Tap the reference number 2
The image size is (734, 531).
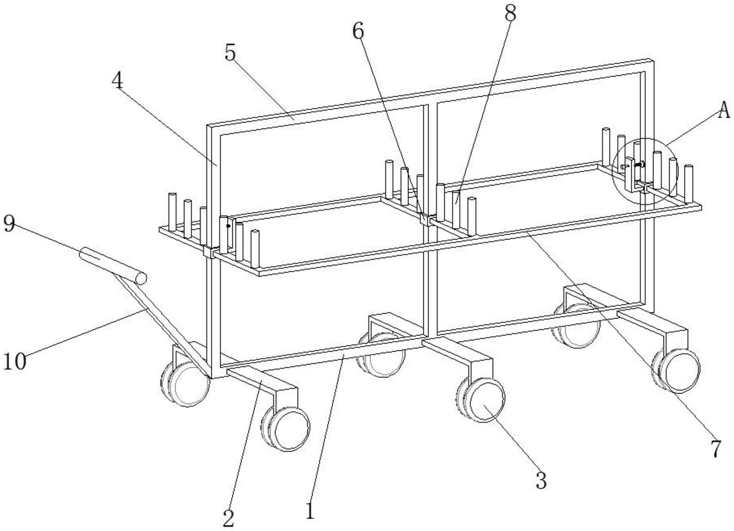pos(228,519)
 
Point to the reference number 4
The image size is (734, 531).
pos(118,80)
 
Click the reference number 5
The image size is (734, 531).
pos(230,52)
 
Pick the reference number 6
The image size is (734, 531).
pos(358,31)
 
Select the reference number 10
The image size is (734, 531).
pos(15,362)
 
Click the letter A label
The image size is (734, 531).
pos(724,111)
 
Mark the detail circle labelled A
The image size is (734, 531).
pos(645,171)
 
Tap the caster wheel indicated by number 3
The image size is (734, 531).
pos(484,400)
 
